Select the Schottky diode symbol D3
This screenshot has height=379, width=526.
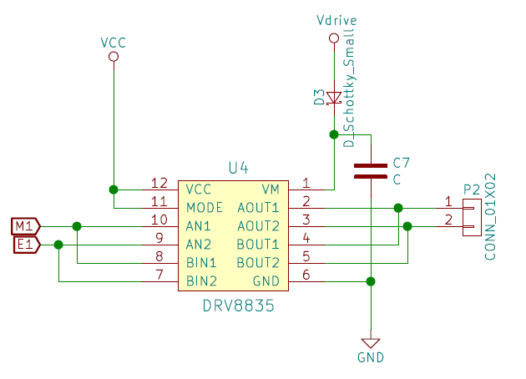[333, 99]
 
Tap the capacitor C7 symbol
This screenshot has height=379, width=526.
[370, 170]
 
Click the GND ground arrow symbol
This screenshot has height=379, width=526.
[370, 343]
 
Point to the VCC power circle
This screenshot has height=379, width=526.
[113, 57]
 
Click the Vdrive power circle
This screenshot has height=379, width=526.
[333, 37]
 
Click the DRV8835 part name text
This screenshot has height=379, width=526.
[238, 307]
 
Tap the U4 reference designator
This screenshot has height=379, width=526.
[238, 168]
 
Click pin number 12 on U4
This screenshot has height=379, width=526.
[159, 184]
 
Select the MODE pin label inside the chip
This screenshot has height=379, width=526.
[205, 207]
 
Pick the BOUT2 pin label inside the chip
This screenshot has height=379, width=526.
[258, 262]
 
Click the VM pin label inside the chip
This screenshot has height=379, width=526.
[271, 189]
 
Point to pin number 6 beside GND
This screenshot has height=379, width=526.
[306, 275]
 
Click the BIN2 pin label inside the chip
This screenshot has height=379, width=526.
[201, 280]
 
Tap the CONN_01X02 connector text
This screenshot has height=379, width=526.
[492, 216]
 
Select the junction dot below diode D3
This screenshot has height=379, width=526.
[333, 134]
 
